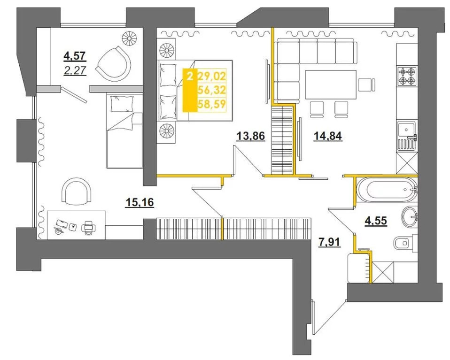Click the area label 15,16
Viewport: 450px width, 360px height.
coord(140,202)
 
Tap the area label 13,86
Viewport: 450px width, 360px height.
coord(250,136)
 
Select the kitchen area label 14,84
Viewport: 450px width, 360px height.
coord(328,136)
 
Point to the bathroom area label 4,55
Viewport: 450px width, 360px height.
coord(376,221)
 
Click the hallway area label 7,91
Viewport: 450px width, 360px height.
coord(329,242)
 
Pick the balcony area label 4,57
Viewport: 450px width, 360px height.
coord(75,56)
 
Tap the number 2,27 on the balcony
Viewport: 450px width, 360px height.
coord(75,70)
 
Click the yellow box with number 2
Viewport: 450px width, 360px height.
coord(190,90)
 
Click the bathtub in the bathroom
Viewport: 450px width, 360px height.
coord(386,190)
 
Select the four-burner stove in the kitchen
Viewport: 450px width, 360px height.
coord(406,76)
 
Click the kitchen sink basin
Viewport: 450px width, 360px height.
coord(406,130)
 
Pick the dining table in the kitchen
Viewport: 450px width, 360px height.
coord(331,84)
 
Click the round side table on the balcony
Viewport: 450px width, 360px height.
coord(130,37)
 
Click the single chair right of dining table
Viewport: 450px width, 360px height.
coord(366,84)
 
